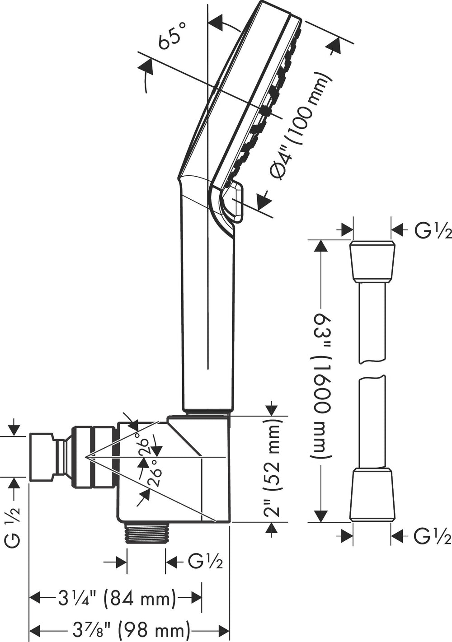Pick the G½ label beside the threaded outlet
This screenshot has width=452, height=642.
(205, 562)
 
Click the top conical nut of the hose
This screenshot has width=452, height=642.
(372, 262)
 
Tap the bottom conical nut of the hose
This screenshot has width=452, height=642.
(372, 494)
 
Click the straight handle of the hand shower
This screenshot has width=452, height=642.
(207, 316)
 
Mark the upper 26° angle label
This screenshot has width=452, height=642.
(144, 447)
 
